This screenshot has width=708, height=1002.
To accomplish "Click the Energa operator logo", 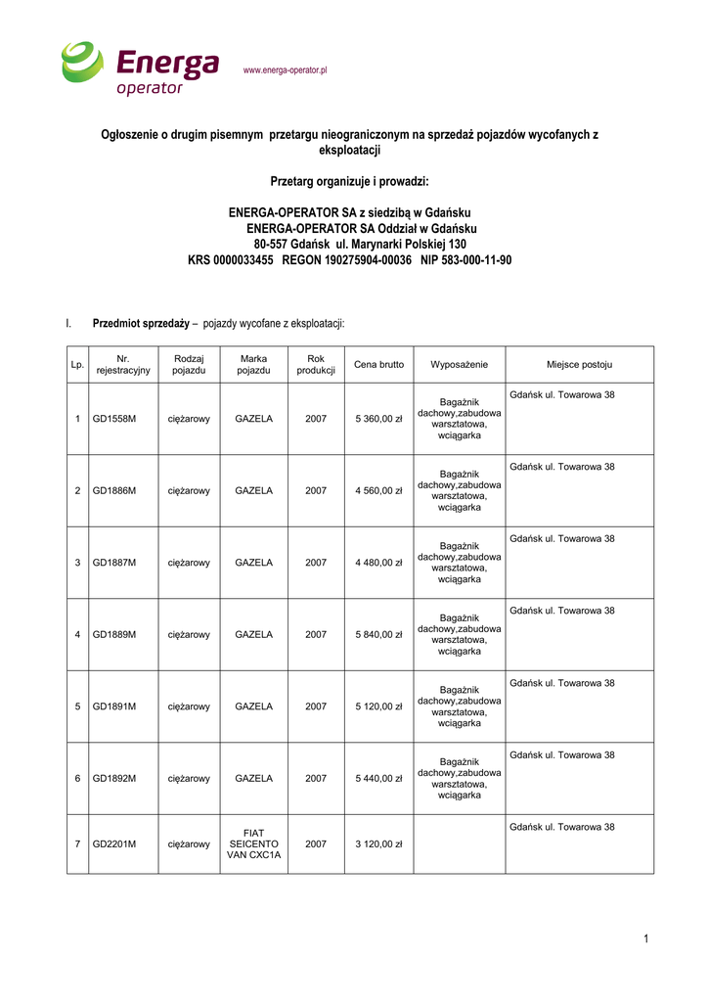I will point(140,68).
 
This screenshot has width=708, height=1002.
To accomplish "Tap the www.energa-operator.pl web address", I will point(285,70).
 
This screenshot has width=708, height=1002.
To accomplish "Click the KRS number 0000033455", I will point(230,260).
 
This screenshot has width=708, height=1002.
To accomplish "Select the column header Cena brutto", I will point(378,364).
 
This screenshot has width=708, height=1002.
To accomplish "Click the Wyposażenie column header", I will point(459,364).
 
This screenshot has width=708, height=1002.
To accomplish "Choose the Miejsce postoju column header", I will point(579,364).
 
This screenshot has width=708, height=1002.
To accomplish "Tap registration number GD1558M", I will point(114,419).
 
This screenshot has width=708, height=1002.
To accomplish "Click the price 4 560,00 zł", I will point(378,491).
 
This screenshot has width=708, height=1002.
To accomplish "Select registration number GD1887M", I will point(114,563).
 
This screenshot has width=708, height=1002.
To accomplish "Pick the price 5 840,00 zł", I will point(378,635).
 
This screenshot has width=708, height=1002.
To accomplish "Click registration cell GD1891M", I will point(114,706).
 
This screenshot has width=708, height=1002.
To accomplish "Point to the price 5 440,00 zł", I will point(378,779).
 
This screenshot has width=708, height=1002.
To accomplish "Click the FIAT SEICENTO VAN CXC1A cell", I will point(253,843).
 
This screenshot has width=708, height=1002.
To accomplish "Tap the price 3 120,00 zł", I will point(378,843).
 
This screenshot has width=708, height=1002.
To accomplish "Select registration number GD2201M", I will point(114,843).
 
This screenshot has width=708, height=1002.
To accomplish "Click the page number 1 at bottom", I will point(646,939).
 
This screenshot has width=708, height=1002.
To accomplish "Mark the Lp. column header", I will point(77,365).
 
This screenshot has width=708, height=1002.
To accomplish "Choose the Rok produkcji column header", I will point(316,364).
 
